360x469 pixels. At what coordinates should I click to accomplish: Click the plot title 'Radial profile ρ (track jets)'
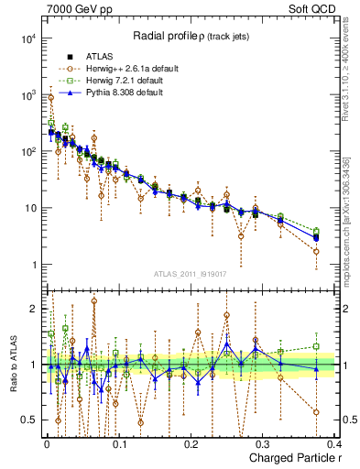193,36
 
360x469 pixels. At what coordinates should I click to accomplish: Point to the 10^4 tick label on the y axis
28,38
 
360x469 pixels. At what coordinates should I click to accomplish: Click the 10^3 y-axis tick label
28,95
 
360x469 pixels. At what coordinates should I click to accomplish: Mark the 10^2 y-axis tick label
28,152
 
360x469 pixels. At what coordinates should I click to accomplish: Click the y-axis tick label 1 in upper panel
33,265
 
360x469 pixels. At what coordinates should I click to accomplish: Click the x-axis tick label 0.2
191,443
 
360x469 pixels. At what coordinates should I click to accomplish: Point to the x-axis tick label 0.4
334,443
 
